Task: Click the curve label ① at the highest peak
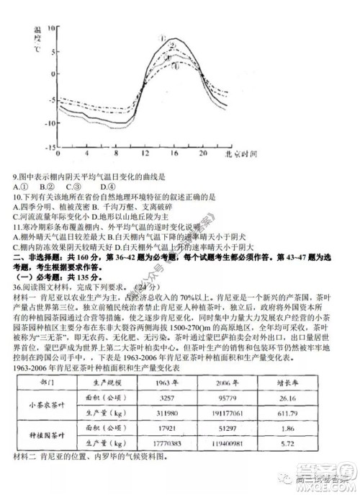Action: [163, 40]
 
